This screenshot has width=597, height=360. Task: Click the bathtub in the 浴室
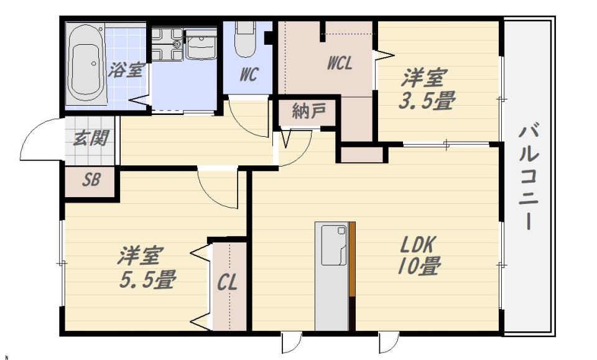pyautogui.click(x=86, y=64)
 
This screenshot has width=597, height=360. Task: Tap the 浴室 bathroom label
pyautogui.click(x=126, y=70)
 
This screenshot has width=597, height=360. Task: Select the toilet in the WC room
pyautogui.click(x=245, y=39)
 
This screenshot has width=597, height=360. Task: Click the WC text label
pyautogui.click(x=249, y=74)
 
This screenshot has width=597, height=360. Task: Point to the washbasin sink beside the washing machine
pyautogui.click(x=201, y=45)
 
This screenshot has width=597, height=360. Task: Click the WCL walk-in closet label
pyautogui.click(x=340, y=63)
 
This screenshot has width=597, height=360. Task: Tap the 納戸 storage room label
pyautogui.click(x=309, y=111)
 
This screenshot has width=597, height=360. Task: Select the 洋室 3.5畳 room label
pyautogui.click(x=427, y=89)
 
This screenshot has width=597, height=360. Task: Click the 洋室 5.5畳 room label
pyautogui.click(x=147, y=267)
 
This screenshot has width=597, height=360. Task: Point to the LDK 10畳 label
pyautogui.click(x=418, y=256)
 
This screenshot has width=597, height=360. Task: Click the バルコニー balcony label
pyautogui.click(x=529, y=177)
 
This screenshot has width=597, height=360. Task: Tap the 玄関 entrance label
pyautogui.click(x=91, y=138)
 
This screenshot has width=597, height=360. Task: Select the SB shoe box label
pyautogui.click(x=91, y=180)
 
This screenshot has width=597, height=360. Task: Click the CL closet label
pyautogui.click(x=228, y=283)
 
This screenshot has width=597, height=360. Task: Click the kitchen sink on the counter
pyautogui.click(x=334, y=246)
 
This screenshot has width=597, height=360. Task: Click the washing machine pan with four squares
pyautogui.click(x=167, y=44)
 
